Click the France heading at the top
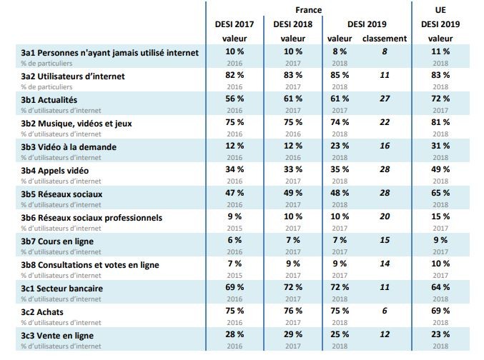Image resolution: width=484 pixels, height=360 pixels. point(308,11)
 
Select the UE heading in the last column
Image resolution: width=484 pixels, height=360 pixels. point(440,11)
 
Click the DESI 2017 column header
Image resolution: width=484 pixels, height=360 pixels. point(234,24)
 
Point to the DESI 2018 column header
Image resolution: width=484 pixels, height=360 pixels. point(292,24)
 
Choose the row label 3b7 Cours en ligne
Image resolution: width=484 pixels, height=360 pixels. point(63,241)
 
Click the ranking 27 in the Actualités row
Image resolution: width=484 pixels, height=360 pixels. point(384,99)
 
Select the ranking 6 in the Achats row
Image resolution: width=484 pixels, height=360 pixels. point(384,311)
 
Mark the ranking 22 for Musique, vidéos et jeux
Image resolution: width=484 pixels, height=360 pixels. point(384,122)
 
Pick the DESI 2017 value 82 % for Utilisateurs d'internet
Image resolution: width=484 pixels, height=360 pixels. point(234,75)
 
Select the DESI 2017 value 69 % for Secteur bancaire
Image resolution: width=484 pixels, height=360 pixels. point(234,288)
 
